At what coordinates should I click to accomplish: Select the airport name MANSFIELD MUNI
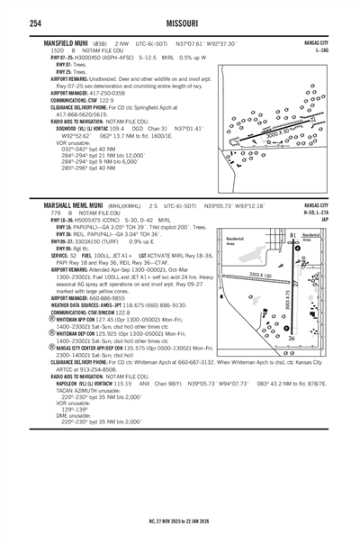point(61,42)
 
